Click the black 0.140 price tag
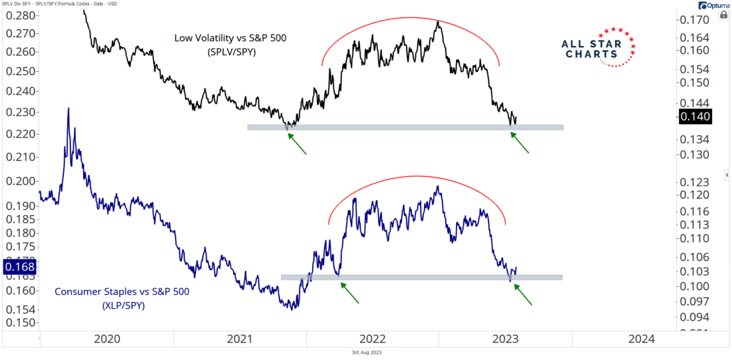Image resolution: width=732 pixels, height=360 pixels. point(695,116)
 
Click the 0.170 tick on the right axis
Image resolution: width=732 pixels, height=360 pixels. point(694,21)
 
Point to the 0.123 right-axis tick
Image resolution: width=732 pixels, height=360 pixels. point(694,182)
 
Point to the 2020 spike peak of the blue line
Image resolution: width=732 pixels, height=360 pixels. point(67,108)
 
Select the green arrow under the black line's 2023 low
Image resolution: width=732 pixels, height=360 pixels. point(520,142)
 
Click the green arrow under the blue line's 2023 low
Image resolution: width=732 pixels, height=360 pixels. point(523,294)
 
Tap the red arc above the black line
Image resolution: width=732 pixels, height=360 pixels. point(413,19)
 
